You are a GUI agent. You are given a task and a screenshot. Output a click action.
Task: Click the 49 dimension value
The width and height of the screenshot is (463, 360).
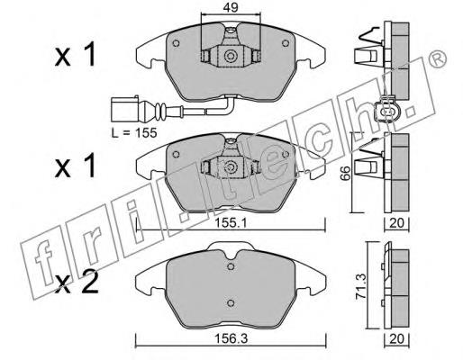231,7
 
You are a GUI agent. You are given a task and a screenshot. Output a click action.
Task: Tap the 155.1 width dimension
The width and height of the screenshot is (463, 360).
231,223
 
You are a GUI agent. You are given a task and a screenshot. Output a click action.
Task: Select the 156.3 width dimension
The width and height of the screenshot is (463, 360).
231,339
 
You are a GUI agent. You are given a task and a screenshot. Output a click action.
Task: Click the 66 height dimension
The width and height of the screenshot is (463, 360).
346,173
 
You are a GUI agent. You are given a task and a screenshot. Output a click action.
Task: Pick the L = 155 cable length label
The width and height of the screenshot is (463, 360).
134,132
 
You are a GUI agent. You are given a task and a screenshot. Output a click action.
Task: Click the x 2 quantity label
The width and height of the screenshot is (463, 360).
77,282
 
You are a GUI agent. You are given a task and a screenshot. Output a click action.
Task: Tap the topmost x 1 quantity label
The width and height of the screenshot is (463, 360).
76,55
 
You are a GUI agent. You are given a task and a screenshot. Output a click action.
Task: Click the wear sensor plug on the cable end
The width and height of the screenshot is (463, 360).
125,109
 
